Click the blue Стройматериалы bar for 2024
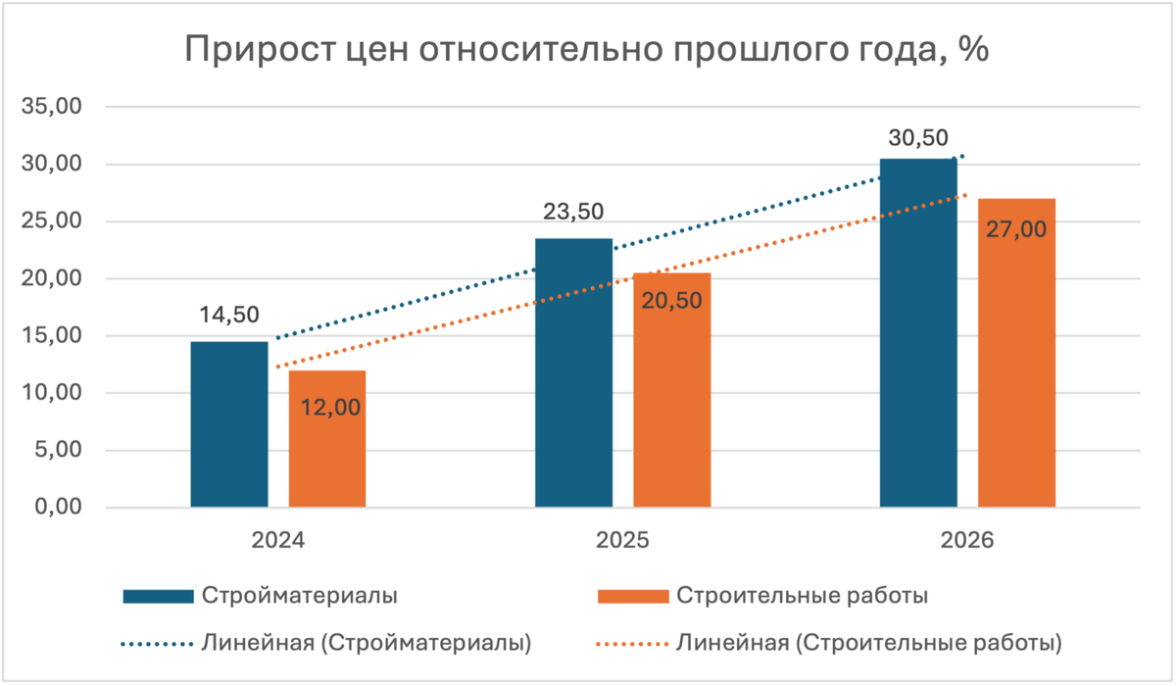pos(228,424)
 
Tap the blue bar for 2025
pos(573,372)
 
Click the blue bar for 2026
pos(918,333)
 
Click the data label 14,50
pos(228,316)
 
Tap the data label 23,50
pos(573,212)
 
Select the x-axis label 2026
pos(966,540)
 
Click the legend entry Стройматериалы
pos(299,595)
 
